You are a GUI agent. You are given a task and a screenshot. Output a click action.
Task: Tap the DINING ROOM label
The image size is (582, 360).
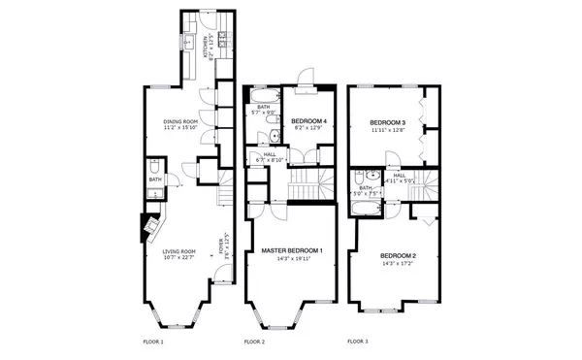point(180,121)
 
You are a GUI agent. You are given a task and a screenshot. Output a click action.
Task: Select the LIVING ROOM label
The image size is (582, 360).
point(180,251)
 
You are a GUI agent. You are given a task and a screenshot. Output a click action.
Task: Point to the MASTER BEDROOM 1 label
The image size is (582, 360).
point(292,251)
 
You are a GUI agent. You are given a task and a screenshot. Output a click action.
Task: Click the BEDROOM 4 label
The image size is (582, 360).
point(307,120)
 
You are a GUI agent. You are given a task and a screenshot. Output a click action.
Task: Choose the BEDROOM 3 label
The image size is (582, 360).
point(387,123)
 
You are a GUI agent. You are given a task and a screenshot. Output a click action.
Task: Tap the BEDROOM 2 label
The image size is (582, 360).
point(398,255)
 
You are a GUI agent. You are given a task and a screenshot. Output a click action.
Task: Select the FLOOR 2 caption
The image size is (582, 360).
point(254,343)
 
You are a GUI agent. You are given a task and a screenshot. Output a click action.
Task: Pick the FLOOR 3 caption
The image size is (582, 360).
point(358,342)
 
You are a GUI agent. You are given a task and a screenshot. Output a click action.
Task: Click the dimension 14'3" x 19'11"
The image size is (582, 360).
point(292,259)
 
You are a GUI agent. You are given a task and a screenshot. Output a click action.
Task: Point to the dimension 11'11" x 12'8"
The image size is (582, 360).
point(387,131)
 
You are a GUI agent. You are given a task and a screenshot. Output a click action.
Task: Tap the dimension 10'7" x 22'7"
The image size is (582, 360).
point(180,258)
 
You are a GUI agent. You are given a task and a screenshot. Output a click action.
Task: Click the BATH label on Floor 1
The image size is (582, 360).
point(155,180)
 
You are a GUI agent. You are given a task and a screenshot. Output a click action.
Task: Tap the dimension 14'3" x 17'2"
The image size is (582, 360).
point(398,263)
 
